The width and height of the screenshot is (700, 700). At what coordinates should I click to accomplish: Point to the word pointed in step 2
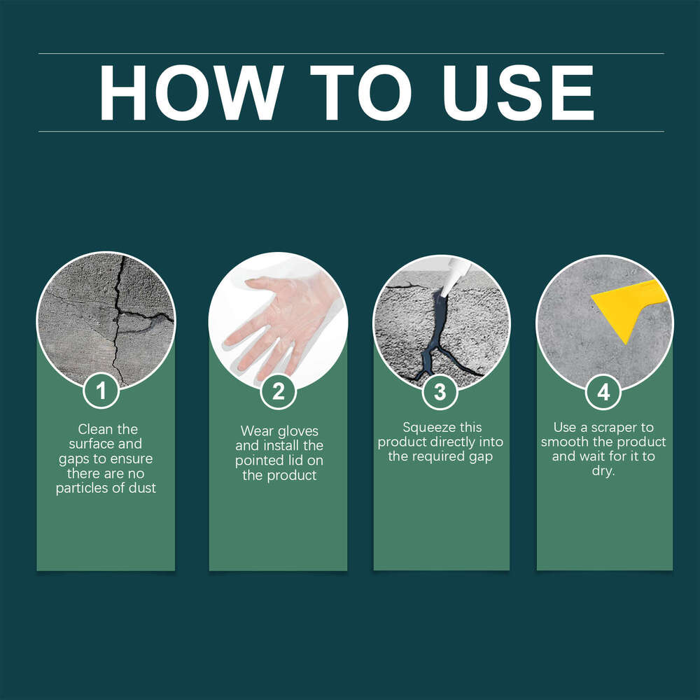[258, 461]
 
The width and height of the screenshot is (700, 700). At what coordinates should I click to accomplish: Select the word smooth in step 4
[564, 442]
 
